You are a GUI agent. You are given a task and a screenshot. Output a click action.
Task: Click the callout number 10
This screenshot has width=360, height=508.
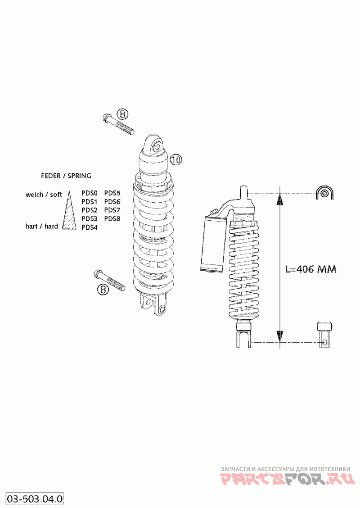[176, 159]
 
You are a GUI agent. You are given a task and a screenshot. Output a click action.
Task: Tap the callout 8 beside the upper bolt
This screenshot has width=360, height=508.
[122, 114]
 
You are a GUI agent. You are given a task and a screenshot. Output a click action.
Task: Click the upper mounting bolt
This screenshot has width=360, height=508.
[118, 124]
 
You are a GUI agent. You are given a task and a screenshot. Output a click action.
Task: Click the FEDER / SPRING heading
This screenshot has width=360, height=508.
[66, 176]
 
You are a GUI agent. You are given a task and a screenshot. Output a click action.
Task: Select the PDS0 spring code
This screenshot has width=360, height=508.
[90, 193]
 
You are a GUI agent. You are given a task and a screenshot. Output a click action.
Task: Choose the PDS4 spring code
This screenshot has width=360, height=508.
[90, 227]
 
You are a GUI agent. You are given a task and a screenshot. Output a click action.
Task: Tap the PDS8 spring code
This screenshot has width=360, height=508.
[112, 219]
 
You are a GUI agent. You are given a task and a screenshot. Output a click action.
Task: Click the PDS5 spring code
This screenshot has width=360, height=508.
[112, 193]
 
